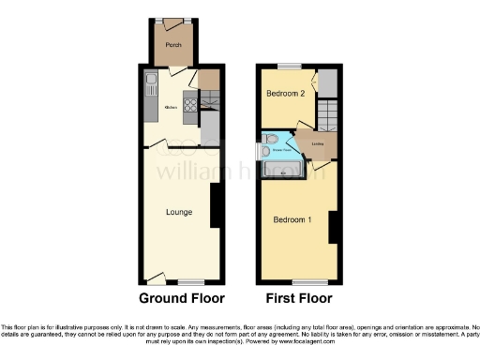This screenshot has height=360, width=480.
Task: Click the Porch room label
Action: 172,45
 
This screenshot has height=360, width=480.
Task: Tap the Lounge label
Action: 179,212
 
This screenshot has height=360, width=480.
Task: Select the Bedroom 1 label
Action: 292,220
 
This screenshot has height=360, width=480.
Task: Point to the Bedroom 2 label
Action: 284,94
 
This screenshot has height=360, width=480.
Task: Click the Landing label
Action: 305,142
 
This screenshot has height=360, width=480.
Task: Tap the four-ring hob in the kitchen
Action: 190,105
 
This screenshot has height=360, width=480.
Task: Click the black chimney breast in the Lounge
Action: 217,204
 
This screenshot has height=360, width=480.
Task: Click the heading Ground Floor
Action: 181,299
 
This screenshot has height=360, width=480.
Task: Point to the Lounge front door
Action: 156,277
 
